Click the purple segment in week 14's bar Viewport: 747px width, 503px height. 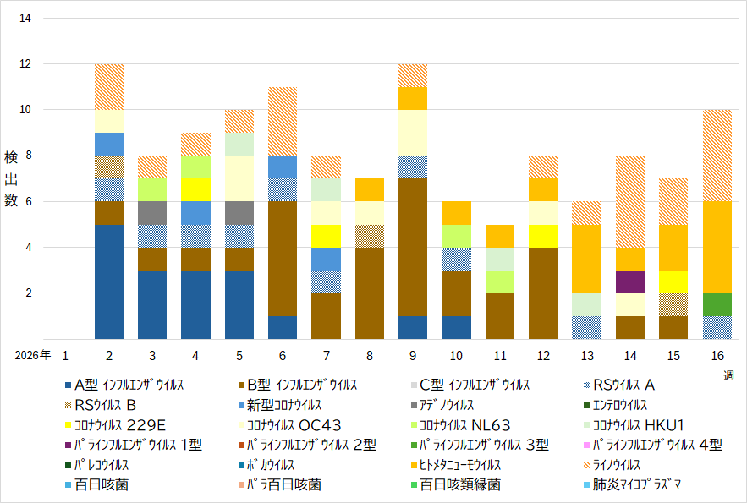point(629,282)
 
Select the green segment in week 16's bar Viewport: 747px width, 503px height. point(717,304)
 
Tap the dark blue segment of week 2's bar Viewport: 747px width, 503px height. point(109,282)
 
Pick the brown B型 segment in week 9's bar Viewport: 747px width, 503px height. point(413,247)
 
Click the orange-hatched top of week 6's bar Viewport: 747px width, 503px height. point(283,122)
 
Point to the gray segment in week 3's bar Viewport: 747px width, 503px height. point(152,213)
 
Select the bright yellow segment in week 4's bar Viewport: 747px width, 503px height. point(195,190)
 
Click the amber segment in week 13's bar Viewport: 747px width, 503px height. point(586,259)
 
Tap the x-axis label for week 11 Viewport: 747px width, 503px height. point(500,355)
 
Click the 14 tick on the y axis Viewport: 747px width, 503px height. point(25,18)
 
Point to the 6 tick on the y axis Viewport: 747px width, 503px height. point(29,201)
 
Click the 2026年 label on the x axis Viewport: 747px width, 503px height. point(32,355)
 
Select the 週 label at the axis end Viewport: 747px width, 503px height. point(728,376)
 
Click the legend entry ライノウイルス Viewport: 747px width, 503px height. point(612,464)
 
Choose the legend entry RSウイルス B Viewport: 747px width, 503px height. point(101,405)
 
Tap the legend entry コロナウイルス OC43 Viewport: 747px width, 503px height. point(289,425)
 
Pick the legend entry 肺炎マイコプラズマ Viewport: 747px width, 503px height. point(632,484)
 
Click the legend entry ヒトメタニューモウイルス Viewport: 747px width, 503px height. point(456,464)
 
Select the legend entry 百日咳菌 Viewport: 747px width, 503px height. point(96,484)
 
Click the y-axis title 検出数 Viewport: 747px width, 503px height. point(11,178)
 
